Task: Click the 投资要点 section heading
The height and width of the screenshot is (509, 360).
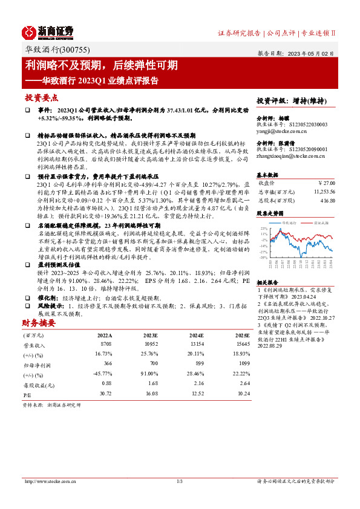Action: coord(41,97)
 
